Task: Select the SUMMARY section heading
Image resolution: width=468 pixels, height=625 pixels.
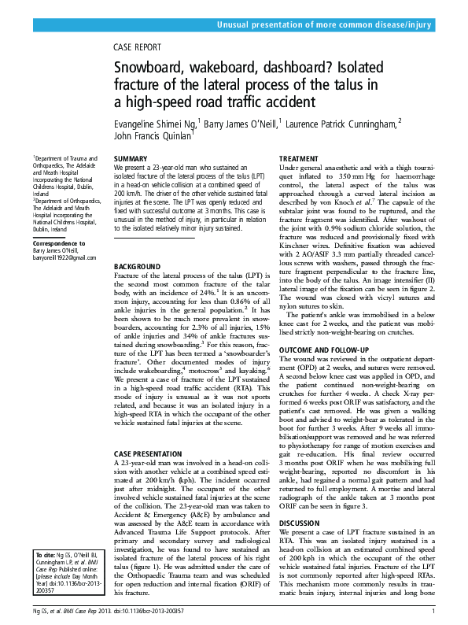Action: [x=131, y=159]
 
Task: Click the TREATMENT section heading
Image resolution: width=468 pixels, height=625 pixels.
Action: [x=299, y=159]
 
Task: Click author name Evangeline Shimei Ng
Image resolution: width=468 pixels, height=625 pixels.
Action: [x=156, y=123]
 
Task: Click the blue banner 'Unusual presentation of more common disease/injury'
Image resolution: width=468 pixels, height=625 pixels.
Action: [x=324, y=25]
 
